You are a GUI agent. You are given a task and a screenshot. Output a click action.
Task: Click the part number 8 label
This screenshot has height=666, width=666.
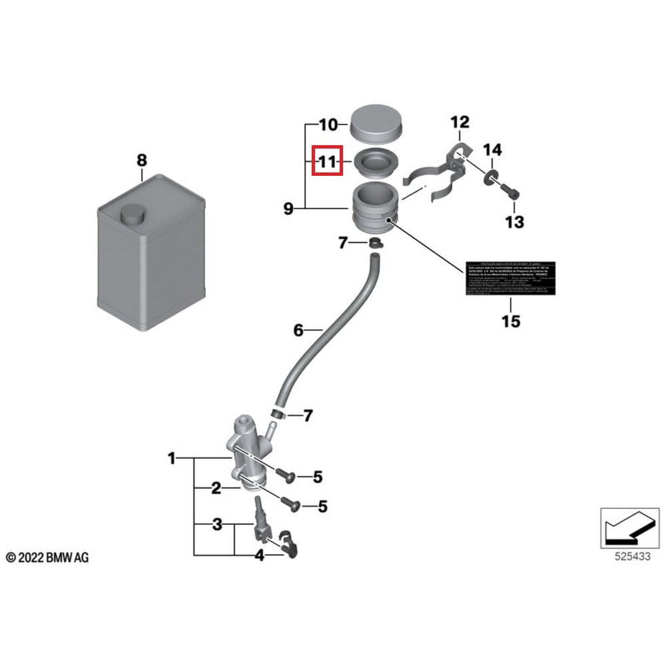click(141, 161)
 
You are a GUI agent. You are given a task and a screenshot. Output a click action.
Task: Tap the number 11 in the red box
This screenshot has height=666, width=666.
click(327, 162)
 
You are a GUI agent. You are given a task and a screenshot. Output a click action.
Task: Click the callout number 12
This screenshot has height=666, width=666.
click(460, 123)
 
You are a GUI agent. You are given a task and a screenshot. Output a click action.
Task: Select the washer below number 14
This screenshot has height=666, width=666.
click(492, 176)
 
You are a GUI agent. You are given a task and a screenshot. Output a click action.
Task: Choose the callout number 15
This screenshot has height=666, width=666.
click(511, 322)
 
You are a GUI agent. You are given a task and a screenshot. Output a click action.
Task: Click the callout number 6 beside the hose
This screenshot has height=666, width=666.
click(298, 330)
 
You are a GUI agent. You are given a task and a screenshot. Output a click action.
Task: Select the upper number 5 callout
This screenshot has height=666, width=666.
click(318, 477)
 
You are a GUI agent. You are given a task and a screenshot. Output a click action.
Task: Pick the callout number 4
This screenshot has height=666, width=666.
click(259, 555)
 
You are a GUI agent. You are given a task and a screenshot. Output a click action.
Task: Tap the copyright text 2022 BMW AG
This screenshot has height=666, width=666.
click(47, 557)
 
